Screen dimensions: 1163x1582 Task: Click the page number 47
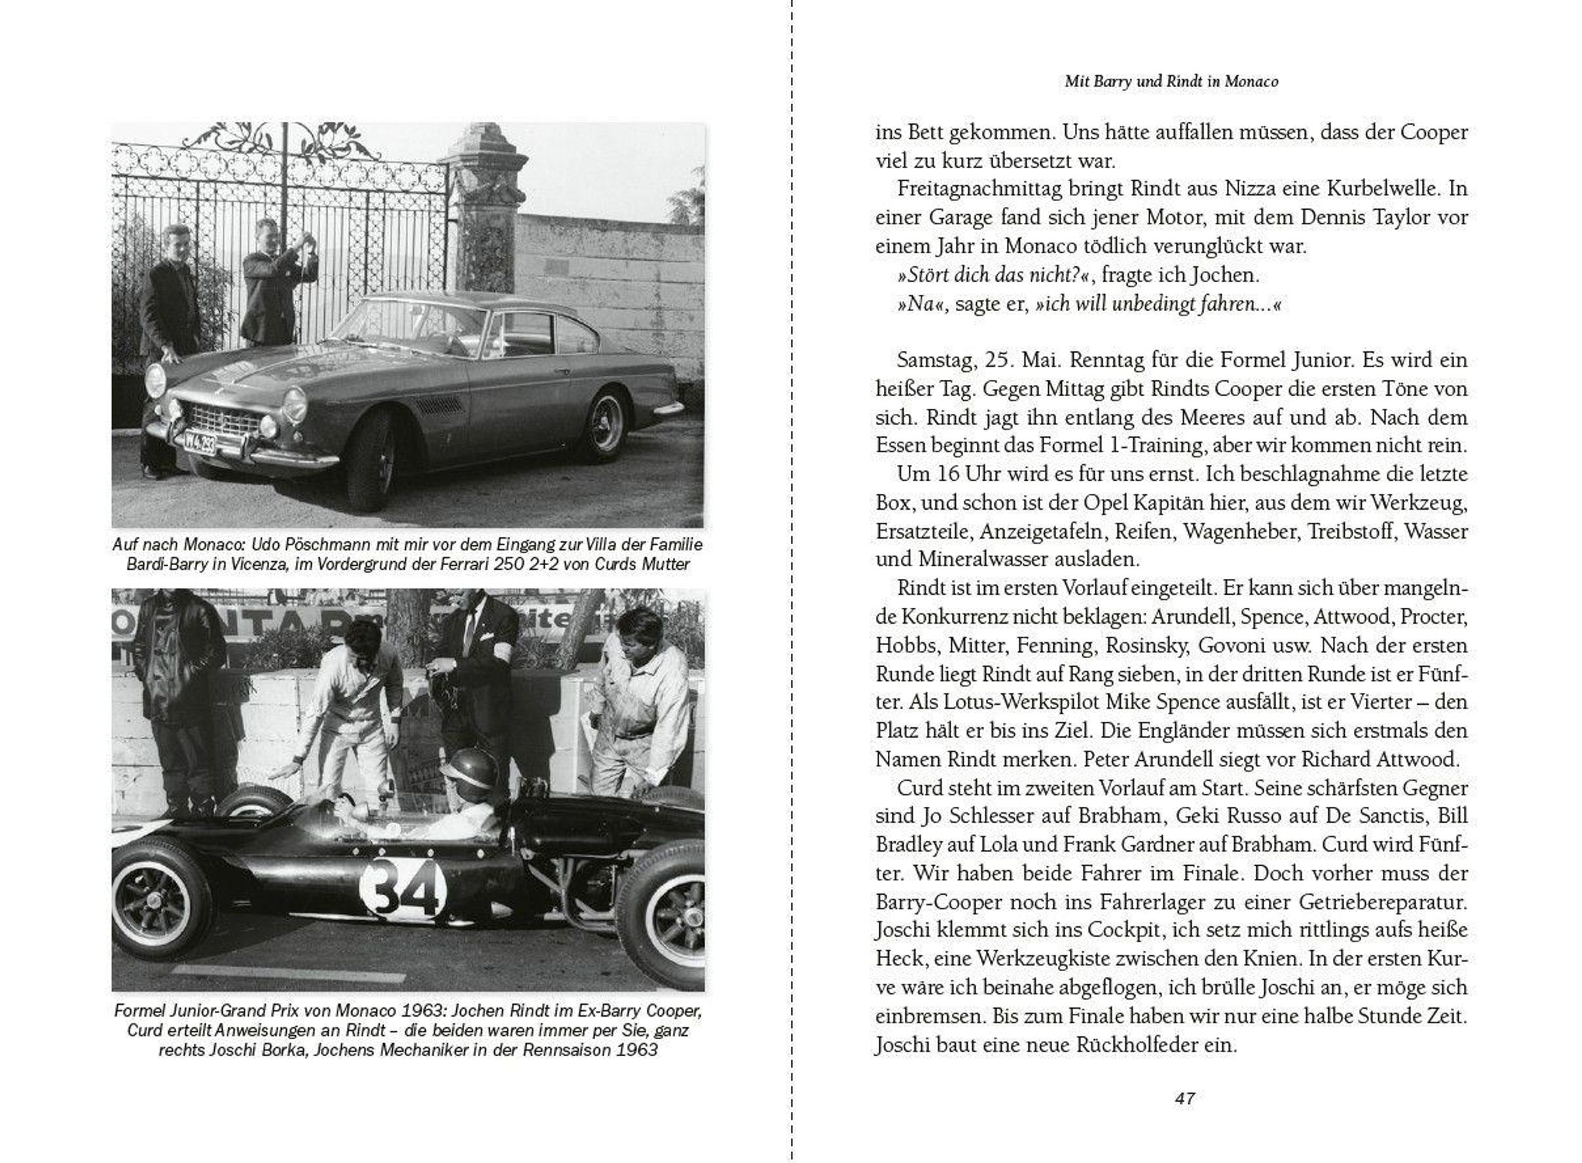click(x=1185, y=1098)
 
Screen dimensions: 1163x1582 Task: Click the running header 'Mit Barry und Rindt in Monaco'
click(x=1171, y=82)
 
